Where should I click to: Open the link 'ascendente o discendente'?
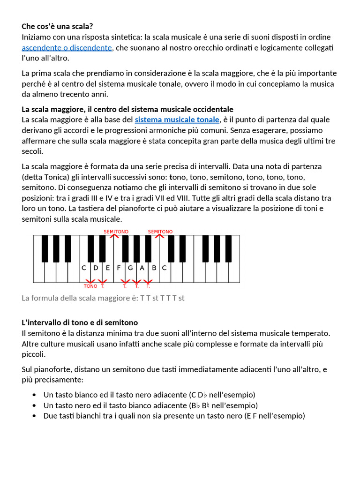pos(67,48)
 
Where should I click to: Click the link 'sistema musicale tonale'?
pos(177,120)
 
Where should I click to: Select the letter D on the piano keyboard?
pos(96,268)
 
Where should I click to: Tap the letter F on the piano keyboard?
pos(119,268)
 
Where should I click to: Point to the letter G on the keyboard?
pos(130,268)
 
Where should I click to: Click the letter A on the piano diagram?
pos(142,268)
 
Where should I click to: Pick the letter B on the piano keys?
pos(153,268)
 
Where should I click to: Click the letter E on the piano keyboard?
pos(107,268)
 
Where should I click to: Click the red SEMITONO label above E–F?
pos(116,232)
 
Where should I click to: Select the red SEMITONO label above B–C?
pos(160,232)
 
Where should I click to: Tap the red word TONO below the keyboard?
pos(90,286)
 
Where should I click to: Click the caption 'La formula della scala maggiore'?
pos(103,298)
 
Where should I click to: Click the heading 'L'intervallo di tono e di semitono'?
pos(80,322)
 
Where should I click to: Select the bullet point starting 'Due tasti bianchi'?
pos(174,416)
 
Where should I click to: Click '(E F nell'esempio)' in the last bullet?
pos(274,416)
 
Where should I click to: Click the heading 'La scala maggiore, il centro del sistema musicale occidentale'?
pos(127,109)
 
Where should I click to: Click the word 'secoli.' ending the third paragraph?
pos(32,151)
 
